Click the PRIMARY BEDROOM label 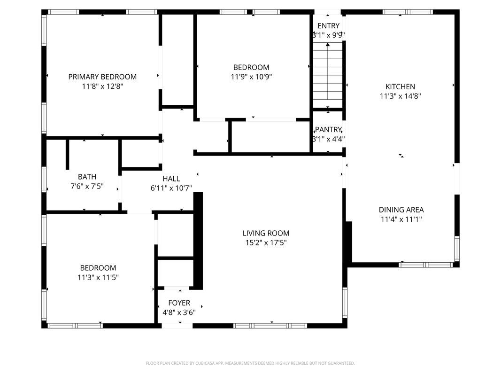[102, 77]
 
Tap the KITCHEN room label [400, 86]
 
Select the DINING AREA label [401, 210]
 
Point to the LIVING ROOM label [266, 233]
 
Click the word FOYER [179, 303]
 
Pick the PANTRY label [328, 130]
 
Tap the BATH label [87, 177]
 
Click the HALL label [171, 179]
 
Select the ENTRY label [329, 26]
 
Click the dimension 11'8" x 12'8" [102, 86]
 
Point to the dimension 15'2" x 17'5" [266, 243]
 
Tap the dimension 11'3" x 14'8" [401, 96]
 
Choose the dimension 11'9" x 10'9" [251, 77]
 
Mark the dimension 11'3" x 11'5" [98, 277]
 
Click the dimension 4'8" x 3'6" [179, 313]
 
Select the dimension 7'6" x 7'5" [87, 186]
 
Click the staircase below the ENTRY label [328, 76]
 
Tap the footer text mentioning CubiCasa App [250, 363]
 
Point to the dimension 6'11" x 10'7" [171, 188]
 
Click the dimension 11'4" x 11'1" [401, 219]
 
